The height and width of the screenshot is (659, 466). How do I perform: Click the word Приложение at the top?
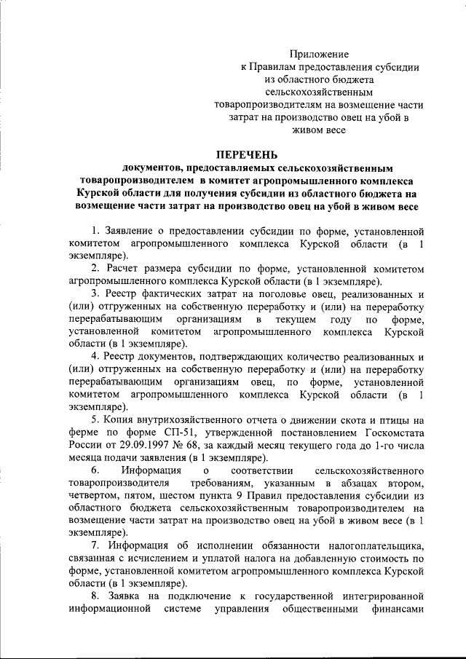click(x=318, y=54)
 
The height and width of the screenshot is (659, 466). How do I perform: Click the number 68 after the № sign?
click(x=196, y=444)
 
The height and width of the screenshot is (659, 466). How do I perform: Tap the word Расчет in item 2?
click(x=126, y=269)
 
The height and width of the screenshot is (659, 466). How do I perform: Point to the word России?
click(x=84, y=444)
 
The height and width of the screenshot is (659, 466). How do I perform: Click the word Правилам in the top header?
click(x=275, y=66)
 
